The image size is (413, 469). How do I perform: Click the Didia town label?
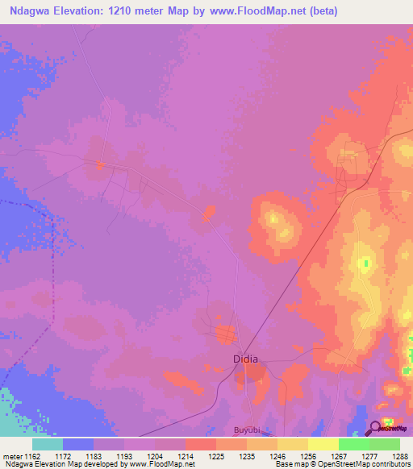[246, 359]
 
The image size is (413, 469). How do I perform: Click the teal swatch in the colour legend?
[47, 444]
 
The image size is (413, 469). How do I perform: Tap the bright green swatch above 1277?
[353, 444]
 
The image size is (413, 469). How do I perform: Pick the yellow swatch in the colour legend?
[323, 444]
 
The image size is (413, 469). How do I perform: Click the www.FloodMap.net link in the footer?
[157, 464]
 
